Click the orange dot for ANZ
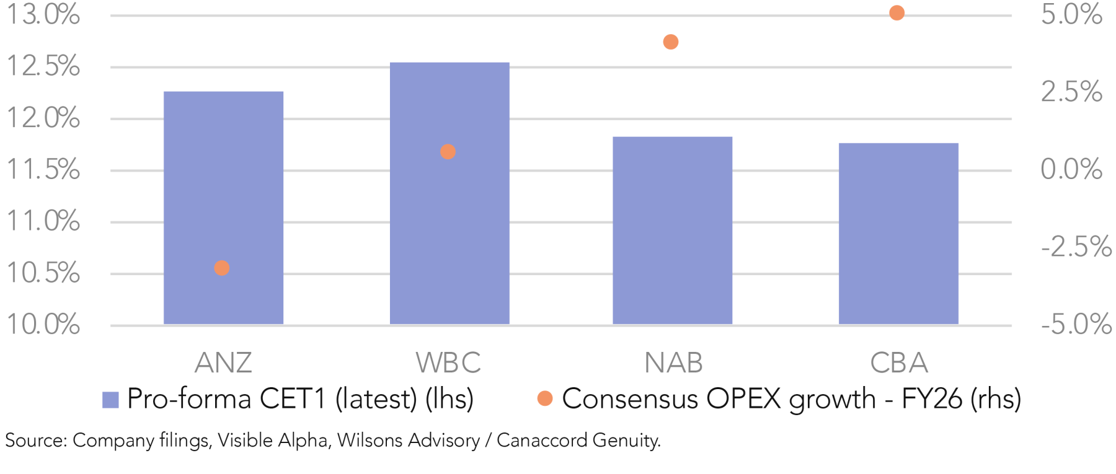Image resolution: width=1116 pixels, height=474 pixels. click(221, 268)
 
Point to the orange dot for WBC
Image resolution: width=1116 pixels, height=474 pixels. click(448, 152)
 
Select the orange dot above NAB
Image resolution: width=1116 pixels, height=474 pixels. click(670, 42)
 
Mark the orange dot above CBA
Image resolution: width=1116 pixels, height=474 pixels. click(897, 13)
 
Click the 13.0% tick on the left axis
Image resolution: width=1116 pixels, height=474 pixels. click(43, 14)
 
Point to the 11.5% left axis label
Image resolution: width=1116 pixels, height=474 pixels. click(43, 169)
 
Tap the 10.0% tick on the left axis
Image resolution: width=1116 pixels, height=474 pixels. click(43, 324)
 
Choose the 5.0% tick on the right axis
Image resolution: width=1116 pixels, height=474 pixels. click(1071, 14)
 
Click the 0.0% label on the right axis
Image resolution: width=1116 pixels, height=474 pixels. click(1071, 169)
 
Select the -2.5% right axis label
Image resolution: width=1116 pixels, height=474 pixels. click(1076, 247)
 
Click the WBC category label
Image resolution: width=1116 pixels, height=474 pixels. click(448, 363)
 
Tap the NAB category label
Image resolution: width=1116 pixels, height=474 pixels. click(673, 363)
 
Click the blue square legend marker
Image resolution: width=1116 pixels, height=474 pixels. click(110, 400)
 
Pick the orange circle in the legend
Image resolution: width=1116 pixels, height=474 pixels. click(545, 398)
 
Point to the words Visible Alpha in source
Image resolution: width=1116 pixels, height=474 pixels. click(273, 441)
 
